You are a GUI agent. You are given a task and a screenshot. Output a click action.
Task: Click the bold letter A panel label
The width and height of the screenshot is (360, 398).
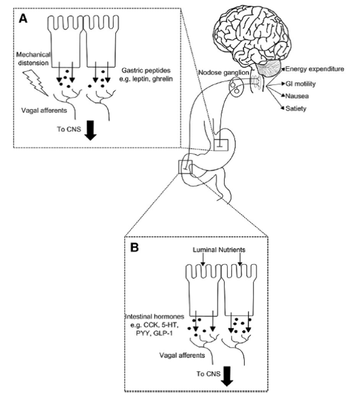(x=23, y=19)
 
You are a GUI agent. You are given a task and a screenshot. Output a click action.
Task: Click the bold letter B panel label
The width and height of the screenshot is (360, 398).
(x=135, y=247)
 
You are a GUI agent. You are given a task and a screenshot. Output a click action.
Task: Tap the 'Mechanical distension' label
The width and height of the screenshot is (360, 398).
(x=34, y=59)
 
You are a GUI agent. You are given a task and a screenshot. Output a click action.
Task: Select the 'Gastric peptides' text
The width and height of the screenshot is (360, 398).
(x=146, y=70)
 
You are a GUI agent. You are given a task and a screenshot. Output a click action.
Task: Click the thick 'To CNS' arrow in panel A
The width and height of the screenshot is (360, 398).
(x=91, y=130)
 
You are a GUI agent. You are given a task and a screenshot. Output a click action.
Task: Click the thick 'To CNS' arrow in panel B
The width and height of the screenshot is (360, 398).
(x=227, y=376)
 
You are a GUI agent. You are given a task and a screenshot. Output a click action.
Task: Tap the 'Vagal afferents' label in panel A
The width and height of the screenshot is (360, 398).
(x=44, y=110)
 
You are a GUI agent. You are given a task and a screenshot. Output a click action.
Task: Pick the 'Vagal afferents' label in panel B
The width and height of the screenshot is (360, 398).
(x=182, y=355)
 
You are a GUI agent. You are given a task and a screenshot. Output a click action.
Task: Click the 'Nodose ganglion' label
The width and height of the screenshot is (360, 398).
(x=223, y=73)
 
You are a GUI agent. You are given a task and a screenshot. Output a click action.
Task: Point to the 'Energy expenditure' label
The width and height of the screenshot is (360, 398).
(x=315, y=69)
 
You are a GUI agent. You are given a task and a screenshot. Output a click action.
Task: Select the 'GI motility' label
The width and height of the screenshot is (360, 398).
(x=300, y=84)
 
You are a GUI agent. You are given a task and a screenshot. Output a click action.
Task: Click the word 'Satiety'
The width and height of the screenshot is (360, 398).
(x=295, y=108)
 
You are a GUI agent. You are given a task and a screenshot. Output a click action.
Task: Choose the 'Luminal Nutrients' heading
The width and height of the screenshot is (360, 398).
(x=219, y=250)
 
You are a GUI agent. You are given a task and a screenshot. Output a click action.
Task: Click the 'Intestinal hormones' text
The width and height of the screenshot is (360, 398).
(x=155, y=317)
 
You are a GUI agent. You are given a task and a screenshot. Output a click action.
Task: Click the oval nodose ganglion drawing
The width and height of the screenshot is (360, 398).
(x=235, y=87)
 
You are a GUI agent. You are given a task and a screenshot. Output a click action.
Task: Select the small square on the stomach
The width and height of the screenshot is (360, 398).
(x=221, y=145)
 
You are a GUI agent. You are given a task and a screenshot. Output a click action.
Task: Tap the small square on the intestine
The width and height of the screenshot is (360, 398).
(x=186, y=167)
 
